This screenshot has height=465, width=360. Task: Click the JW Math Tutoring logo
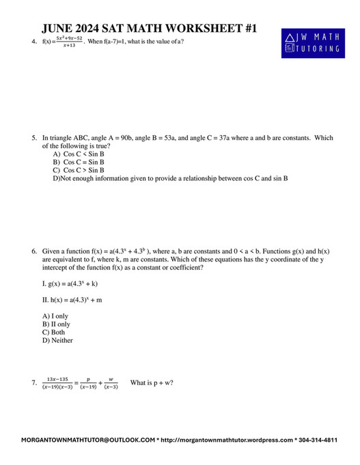tap(311, 43)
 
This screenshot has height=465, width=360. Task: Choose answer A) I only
tap(55, 316)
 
